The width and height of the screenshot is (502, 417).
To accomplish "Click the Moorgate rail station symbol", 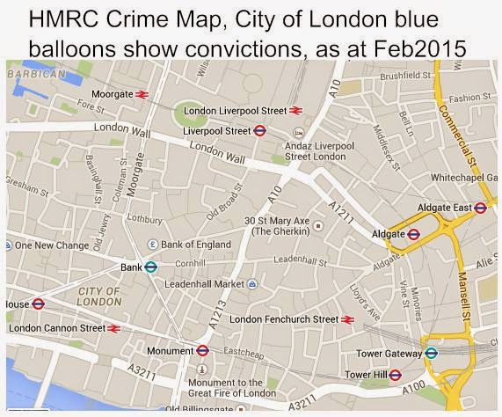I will (142, 93).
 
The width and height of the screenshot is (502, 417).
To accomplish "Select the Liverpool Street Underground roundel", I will (259, 130).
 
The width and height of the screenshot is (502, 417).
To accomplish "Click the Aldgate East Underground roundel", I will (480, 208).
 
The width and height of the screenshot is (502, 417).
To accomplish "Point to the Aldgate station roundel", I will (414, 234).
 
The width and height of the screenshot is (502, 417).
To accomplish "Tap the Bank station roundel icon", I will (150, 267).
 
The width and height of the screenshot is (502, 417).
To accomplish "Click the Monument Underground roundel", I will (202, 349).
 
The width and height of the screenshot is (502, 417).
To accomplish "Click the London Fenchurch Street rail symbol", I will (348, 319).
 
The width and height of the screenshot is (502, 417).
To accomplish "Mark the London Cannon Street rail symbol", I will (113, 328).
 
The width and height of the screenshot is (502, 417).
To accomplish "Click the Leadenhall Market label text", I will (200, 284).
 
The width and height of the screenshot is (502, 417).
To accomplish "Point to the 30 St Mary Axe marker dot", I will (318, 225).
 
